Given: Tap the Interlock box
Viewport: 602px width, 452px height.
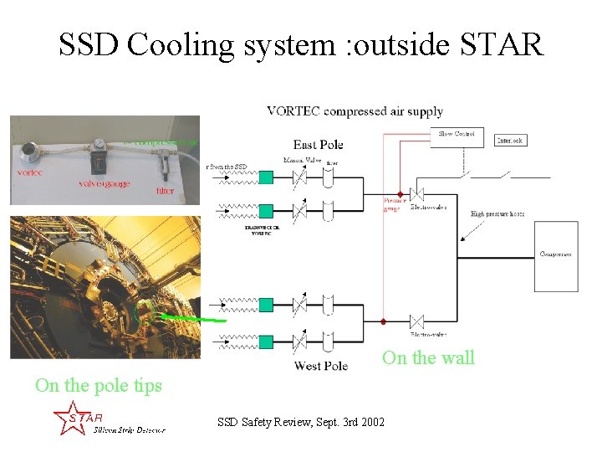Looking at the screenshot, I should (510, 141).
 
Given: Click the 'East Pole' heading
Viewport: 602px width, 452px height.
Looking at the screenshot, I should (319, 145).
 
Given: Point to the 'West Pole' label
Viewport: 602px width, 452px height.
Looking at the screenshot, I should (320, 366).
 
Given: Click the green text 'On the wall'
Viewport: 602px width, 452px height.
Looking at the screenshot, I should (428, 358).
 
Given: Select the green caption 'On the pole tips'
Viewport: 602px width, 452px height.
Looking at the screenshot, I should (98, 386).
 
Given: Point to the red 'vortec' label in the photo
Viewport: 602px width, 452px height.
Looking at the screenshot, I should (29, 172).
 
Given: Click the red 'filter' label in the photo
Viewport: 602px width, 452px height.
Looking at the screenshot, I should (166, 190).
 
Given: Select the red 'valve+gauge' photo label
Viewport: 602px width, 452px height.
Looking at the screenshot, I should (104, 184).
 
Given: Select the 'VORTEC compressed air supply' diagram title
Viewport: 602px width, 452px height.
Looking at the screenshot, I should (355, 111).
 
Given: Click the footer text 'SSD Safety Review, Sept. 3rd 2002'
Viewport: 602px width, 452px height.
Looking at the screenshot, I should (301, 422).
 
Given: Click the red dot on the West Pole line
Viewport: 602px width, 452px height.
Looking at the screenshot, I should (383, 321).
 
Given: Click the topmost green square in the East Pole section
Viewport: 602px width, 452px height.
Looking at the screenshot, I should (266, 177).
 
